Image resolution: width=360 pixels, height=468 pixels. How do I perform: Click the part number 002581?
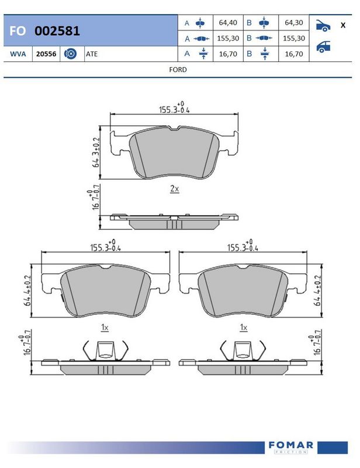click(57, 31)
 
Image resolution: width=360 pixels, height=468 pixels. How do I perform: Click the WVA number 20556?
click(46, 54)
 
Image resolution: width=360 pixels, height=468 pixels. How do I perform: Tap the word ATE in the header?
click(92, 54)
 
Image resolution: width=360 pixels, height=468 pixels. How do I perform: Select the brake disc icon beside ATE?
click(70, 54)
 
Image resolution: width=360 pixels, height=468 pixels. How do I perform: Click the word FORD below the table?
click(178, 70)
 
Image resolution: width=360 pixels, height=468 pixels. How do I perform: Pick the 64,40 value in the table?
click(228, 23)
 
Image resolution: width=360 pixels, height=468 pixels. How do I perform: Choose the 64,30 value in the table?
click(294, 23)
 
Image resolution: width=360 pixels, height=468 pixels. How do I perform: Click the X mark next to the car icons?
click(343, 25)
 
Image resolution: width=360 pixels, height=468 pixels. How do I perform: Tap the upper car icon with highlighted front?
click(323, 26)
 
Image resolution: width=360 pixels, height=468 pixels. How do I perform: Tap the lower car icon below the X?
click(323, 47)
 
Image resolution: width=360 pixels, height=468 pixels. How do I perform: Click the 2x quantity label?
click(175, 188)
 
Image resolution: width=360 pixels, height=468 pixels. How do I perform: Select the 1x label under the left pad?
click(105, 328)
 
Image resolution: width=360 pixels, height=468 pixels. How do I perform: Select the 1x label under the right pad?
click(244, 328)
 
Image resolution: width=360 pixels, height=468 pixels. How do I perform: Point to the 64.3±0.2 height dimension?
click(96, 152)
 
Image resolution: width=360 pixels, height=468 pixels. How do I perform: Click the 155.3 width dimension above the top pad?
click(174, 108)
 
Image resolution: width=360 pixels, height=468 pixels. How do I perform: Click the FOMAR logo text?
click(291, 445)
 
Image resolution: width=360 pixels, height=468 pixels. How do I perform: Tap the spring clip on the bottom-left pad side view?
click(105, 350)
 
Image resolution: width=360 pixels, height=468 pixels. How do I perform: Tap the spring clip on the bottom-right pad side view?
click(243, 350)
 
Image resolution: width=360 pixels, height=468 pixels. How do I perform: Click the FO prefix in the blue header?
click(18, 31)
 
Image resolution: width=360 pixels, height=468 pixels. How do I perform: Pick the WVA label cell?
click(18, 54)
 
